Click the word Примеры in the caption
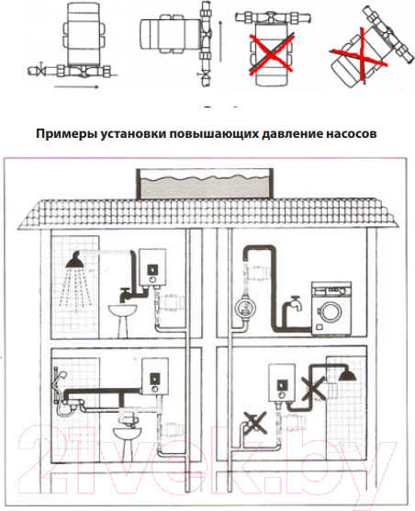pyautogui.click(x=63, y=133)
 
